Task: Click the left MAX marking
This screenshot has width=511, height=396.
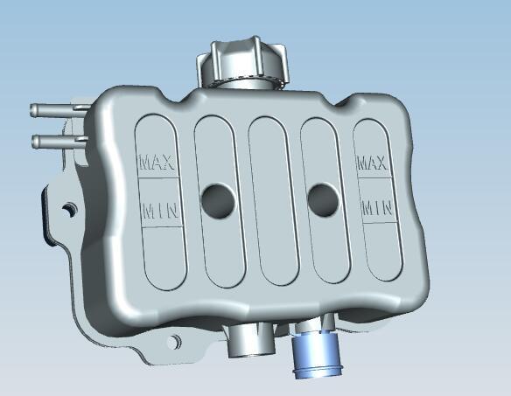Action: pos(157,162)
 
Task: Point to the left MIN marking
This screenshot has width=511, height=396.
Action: pos(159,211)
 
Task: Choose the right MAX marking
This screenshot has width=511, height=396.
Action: pos(373,163)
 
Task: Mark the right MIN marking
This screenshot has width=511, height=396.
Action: pos(376,208)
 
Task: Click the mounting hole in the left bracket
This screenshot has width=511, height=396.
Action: pos(68,210)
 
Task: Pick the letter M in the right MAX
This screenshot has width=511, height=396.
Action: pos(362,163)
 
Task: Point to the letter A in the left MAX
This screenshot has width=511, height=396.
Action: pos(158,162)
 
